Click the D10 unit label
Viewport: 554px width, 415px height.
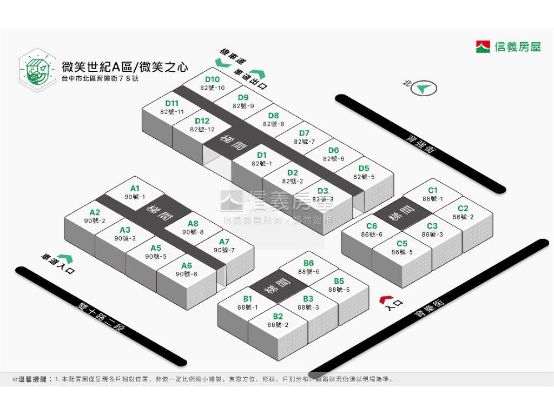pos(212,79)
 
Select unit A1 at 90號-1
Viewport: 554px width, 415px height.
pos(135,192)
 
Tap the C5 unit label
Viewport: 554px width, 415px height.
pos(402,244)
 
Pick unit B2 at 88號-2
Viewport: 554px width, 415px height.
pos(278,320)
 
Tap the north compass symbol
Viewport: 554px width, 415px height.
pos(424,88)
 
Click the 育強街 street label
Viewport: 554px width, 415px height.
pos(420,144)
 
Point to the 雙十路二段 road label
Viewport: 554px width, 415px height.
pos(101,317)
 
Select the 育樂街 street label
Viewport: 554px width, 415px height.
pos(430,308)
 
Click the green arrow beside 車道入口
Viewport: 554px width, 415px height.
pos(65,258)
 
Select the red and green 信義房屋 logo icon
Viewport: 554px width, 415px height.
pos(483,46)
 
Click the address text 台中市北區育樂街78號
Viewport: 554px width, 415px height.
pos(100,78)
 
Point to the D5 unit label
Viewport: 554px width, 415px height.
pos(364,169)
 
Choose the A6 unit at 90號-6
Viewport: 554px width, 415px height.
pos(187,270)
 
